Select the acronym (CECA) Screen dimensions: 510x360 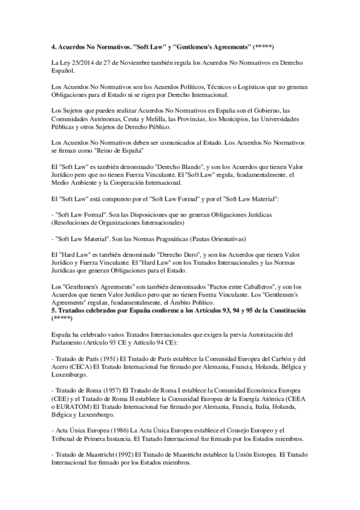coord(75,366)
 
